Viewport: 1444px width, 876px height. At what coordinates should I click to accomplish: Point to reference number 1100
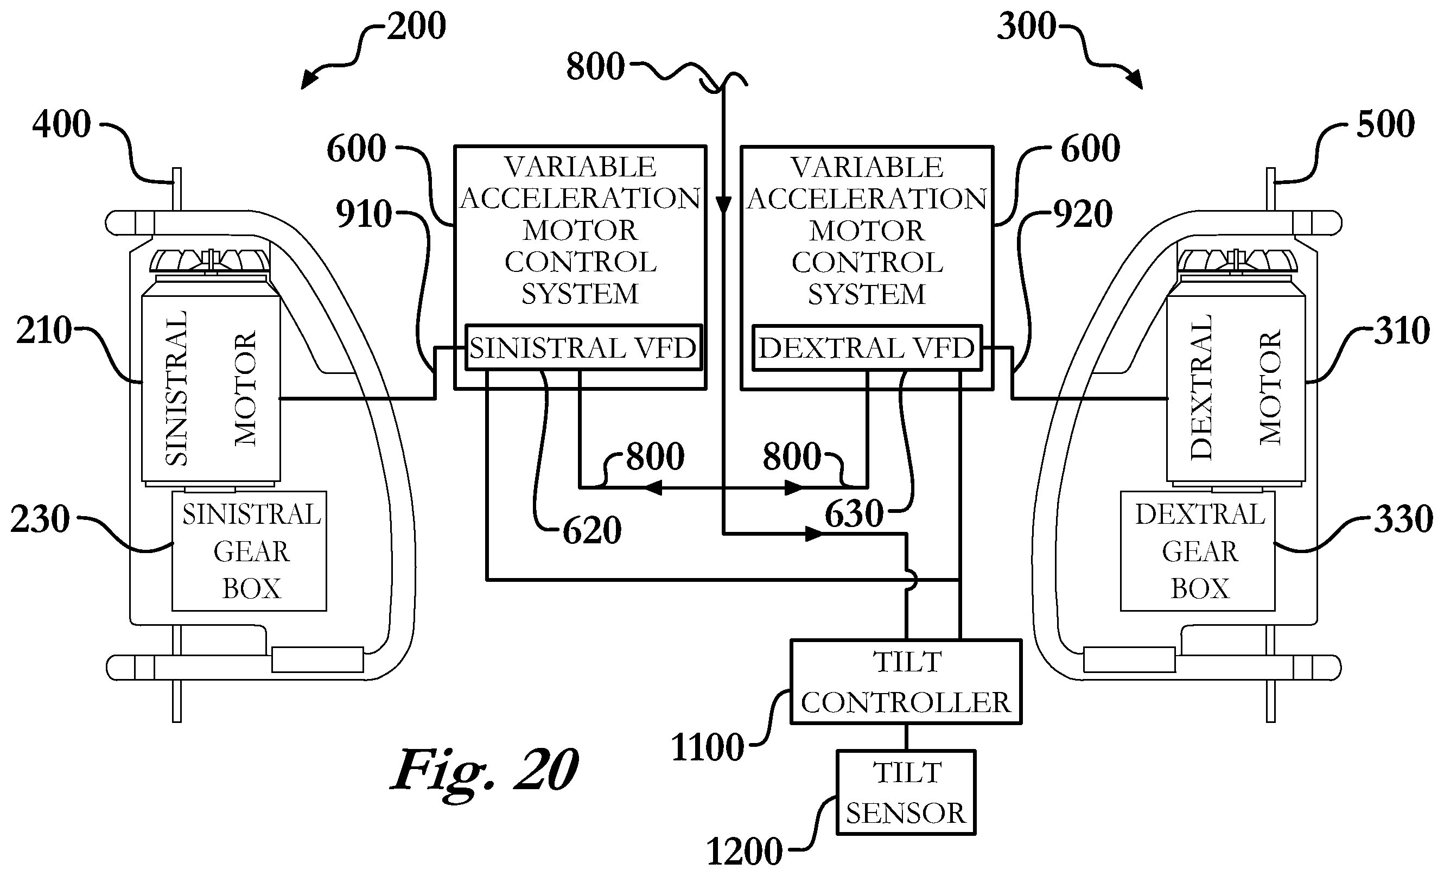coord(708,748)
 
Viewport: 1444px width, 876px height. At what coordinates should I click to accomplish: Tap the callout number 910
coord(364,214)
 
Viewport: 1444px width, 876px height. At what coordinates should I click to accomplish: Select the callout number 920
coord(1083,214)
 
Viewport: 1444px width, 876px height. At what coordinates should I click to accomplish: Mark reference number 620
coord(592,531)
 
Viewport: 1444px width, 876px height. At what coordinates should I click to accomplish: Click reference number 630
coord(854,515)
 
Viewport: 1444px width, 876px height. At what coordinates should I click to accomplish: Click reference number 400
coord(61,124)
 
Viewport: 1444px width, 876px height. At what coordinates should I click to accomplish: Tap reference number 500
coord(1385,124)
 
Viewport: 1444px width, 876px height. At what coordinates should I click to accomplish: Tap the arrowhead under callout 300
coord(1135,80)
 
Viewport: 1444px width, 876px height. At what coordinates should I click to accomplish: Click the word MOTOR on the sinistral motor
coord(245,389)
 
